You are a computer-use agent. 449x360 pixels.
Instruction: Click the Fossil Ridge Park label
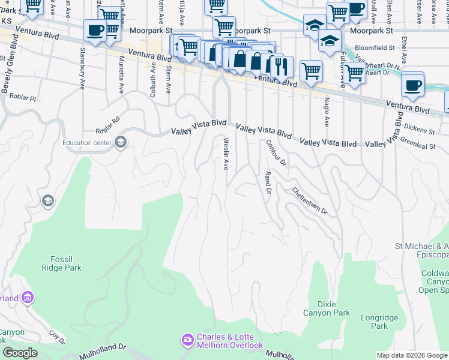click(x=62, y=263)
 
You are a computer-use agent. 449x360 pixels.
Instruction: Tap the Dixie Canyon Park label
click(x=330, y=308)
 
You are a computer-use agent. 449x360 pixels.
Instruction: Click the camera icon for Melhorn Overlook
click(x=188, y=340)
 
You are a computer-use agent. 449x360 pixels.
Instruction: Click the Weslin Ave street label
click(x=227, y=154)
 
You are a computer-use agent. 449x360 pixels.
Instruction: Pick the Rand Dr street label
click(x=268, y=182)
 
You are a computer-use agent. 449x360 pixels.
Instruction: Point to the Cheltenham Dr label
click(x=310, y=201)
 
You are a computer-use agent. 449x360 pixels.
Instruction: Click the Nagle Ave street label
click(x=327, y=112)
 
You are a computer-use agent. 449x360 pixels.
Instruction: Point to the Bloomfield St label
click(x=375, y=47)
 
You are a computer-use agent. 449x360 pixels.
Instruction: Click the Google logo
click(x=20, y=353)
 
